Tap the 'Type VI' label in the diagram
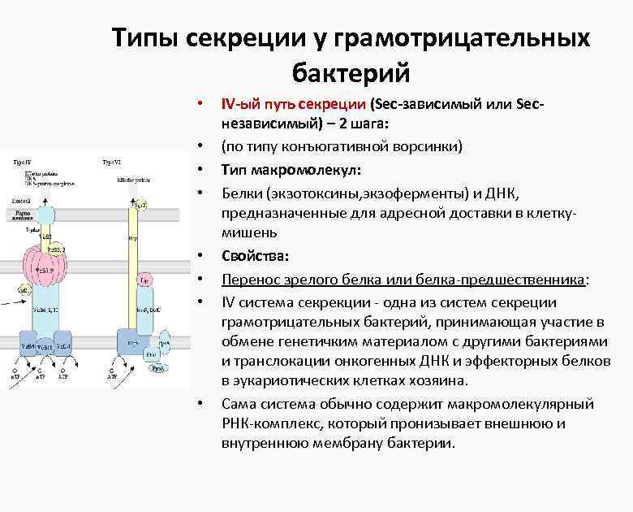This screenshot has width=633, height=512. point(112,162)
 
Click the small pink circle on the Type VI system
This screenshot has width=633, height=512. point(143,280)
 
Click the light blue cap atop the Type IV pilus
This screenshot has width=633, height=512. point(45,215)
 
